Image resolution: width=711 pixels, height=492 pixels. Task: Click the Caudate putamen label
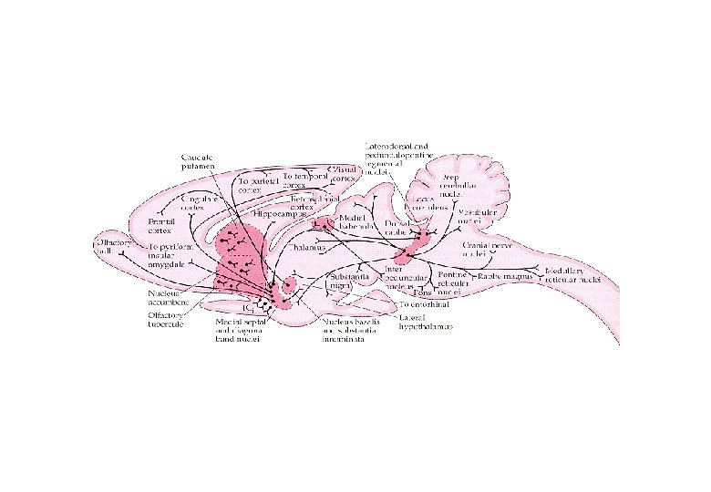[x=198, y=162]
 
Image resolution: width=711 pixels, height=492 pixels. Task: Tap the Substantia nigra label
[x=345, y=279]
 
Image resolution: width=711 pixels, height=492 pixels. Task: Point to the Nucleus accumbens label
[x=169, y=298]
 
